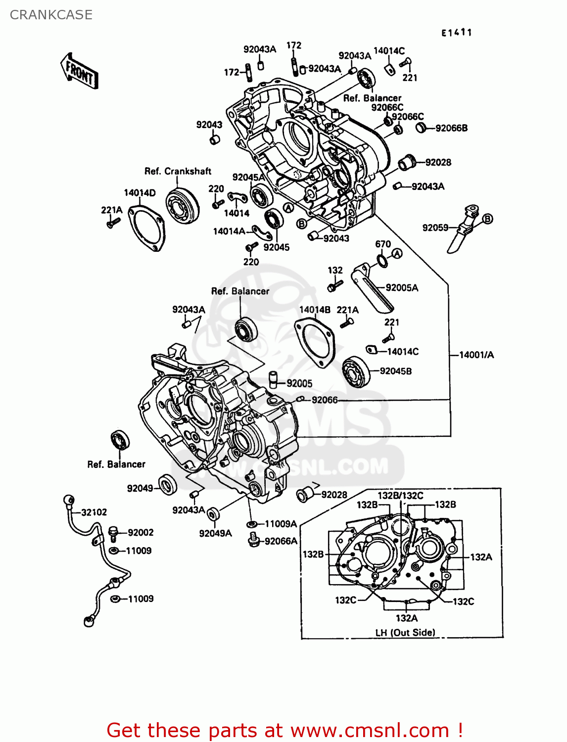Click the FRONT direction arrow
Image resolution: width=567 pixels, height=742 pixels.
coord(79,71)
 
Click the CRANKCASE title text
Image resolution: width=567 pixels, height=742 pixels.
coord(51,15)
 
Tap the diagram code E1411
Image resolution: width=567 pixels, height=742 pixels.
coord(457,33)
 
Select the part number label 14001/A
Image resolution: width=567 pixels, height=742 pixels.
coord(476,355)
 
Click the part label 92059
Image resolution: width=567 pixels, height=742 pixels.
coord(435,228)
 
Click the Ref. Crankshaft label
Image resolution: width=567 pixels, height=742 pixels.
coord(178,171)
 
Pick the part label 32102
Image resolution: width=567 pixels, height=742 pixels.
coord(94,512)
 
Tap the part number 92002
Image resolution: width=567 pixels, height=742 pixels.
coord(141,532)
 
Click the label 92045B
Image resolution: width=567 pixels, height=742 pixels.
coord(396,371)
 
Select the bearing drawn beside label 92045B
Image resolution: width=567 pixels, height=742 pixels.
coord(356,371)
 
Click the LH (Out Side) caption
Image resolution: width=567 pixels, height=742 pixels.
coord(405,632)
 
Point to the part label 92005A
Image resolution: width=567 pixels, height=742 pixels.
coord(402,287)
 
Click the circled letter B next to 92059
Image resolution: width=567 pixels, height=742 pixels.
coord(487,219)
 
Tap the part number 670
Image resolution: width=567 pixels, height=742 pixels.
coord(383,244)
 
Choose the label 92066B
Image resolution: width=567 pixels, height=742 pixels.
coord(451,128)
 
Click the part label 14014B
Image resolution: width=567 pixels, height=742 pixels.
coord(315,310)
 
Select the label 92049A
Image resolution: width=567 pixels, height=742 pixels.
coord(215,533)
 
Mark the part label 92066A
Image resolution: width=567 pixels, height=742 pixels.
coord(281,541)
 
